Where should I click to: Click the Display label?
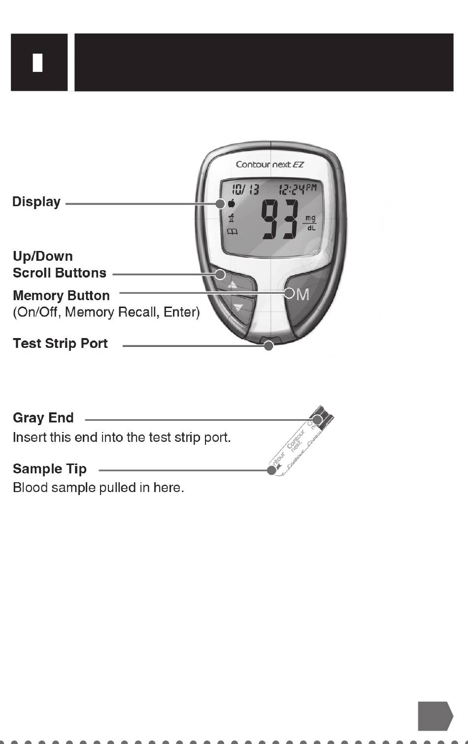click(x=36, y=202)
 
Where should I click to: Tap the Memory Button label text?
click(x=61, y=295)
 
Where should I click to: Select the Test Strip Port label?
click(x=60, y=343)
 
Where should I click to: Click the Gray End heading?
click(x=43, y=418)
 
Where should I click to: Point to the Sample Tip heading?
click(x=50, y=469)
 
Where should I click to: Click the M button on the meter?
click(x=302, y=295)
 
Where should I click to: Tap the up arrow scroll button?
click(x=234, y=285)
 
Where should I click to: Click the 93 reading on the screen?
click(x=279, y=219)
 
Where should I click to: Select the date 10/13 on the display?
click(x=245, y=188)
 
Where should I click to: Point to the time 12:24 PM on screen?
click(x=298, y=188)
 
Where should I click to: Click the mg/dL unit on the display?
click(x=310, y=223)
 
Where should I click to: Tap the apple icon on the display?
click(x=231, y=204)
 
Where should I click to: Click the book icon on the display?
click(x=232, y=232)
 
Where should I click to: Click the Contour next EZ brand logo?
click(x=269, y=164)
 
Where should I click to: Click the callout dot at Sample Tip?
click(x=271, y=470)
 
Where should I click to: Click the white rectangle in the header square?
click(x=38, y=62)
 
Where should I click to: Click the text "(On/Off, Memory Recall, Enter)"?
click(x=106, y=312)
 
